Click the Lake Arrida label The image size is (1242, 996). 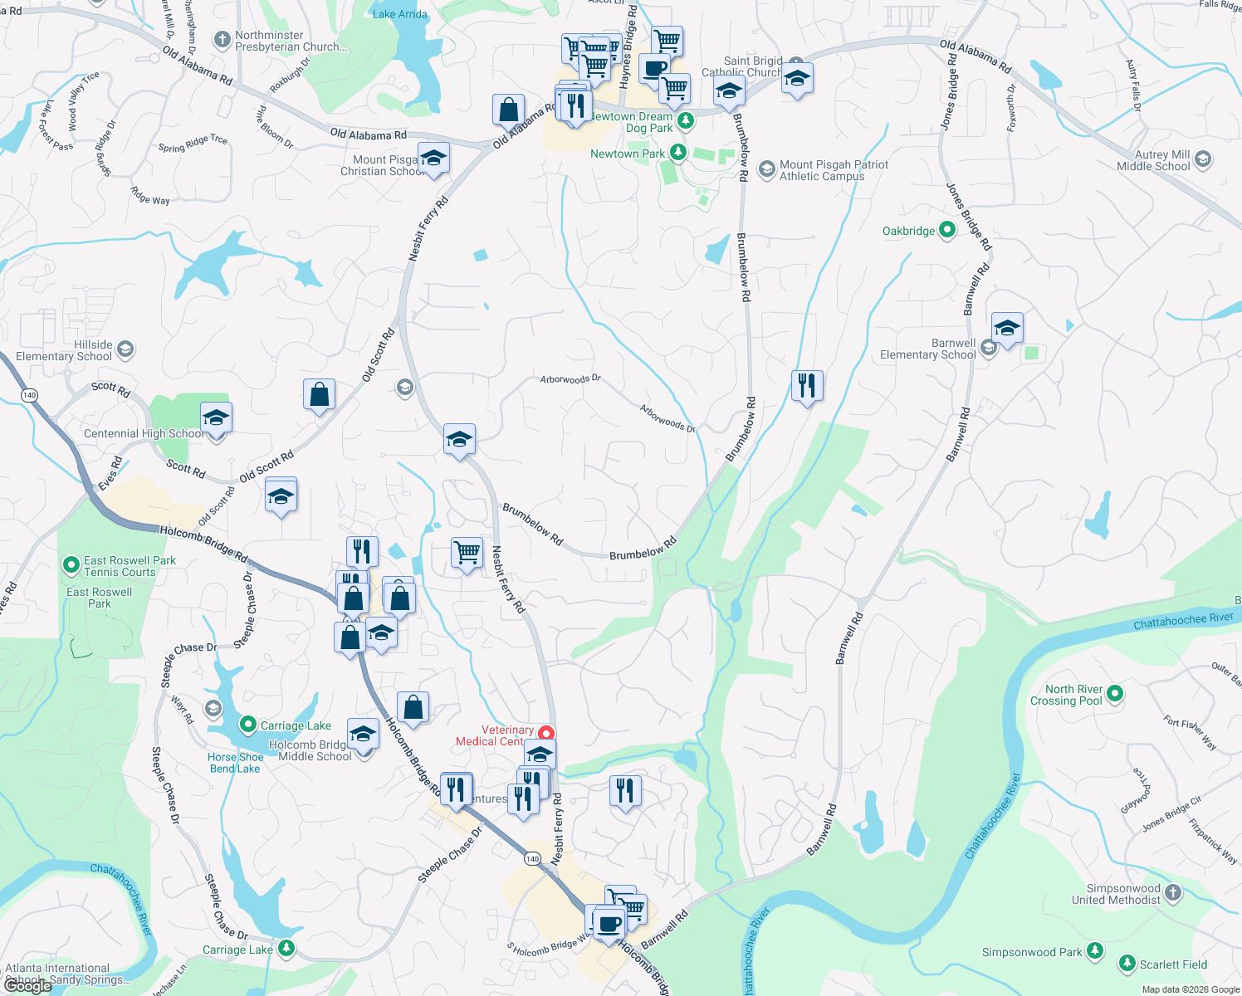point(399,14)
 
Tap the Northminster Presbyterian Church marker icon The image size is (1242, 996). point(222,39)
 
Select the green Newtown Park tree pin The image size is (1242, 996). point(678,153)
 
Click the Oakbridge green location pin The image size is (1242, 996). point(946,231)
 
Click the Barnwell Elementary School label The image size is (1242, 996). point(927,349)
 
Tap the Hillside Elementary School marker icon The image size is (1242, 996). point(125,349)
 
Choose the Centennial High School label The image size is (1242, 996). point(143,433)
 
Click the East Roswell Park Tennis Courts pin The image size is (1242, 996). point(71,565)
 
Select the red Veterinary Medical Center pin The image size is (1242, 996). point(546,733)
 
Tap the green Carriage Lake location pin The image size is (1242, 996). point(247,725)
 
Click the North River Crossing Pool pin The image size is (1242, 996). point(1115,693)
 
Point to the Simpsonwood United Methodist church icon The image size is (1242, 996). point(1172,893)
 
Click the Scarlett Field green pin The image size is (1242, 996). point(1127,964)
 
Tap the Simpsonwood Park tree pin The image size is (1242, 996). point(1095,951)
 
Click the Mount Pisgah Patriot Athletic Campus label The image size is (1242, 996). point(834,170)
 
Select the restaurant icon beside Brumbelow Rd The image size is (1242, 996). point(806,386)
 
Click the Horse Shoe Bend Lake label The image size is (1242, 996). point(235,763)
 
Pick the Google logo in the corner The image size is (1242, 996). point(28,986)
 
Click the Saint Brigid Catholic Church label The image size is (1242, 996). point(741,66)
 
